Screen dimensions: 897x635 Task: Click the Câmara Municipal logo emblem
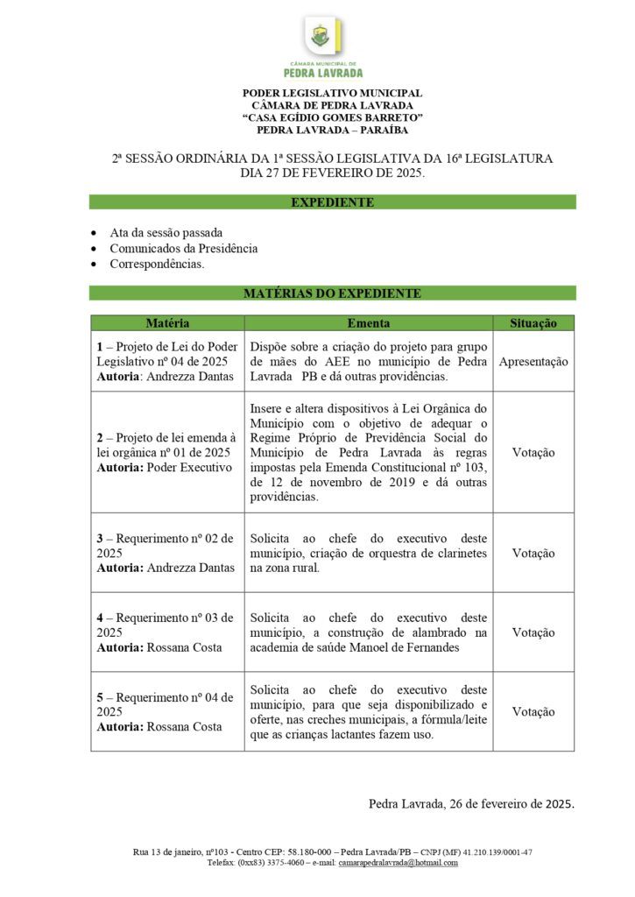coord(323,38)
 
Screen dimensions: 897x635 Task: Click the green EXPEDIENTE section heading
coord(332,202)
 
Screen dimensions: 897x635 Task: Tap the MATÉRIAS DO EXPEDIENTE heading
coord(332,293)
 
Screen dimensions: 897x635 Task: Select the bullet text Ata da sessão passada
coord(166,233)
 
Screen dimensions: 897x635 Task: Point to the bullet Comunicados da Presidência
coord(184,249)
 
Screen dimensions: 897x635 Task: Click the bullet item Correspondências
coord(158,264)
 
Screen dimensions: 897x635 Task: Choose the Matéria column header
coord(167,323)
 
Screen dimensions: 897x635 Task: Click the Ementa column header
coord(369,323)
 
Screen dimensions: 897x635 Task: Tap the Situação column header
coord(533,323)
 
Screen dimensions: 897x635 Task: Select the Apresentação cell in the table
coord(533,361)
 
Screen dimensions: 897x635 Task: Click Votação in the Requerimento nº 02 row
coord(533,554)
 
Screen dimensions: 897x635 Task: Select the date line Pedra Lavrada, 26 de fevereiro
coord(471,804)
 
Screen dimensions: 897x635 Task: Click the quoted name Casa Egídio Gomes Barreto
coord(332,117)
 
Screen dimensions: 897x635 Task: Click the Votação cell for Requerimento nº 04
coord(533,712)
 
